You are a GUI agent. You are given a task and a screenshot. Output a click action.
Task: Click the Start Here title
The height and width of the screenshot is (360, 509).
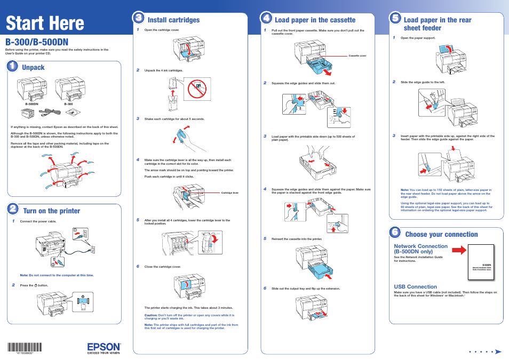tap(45, 23)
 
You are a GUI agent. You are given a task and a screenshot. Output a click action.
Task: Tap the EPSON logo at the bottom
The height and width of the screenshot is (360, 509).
tap(104, 348)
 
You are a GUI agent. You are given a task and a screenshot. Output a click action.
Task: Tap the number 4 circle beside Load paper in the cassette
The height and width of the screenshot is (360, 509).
tap(266, 18)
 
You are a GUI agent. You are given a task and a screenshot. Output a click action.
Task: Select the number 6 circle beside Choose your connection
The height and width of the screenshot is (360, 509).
tap(395, 233)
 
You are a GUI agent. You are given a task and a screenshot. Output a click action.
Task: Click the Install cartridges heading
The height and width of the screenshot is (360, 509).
tap(173, 20)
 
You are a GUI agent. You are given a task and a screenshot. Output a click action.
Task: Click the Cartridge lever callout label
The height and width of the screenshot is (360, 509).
tap(229, 193)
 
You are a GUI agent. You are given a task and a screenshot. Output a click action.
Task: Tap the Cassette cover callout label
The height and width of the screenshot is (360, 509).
tap(357, 55)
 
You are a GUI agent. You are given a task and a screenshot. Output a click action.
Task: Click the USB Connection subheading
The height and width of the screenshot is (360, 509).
tap(415, 286)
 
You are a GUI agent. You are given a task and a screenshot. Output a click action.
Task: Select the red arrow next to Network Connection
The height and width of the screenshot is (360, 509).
tap(457, 249)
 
